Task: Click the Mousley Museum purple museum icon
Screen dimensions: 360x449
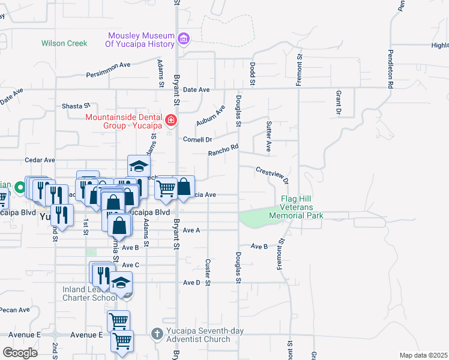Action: pyautogui.click(x=184, y=39)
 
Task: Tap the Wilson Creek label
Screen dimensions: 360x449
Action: pyautogui.click(x=64, y=43)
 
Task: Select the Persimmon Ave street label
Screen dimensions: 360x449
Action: pyautogui.click(x=108, y=70)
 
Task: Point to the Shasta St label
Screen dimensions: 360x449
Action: pyautogui.click(x=76, y=106)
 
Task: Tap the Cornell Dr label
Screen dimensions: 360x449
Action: pyautogui.click(x=197, y=139)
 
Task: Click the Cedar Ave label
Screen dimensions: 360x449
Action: pyautogui.click(x=40, y=160)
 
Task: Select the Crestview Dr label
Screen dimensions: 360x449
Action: pyautogui.click(x=273, y=175)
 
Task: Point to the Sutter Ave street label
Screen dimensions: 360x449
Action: pyautogui.click(x=268, y=136)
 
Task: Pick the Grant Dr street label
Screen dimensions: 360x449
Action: pyautogui.click(x=339, y=103)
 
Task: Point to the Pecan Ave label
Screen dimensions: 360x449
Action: pyautogui.click(x=15, y=310)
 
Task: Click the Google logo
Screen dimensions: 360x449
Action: pyautogui.click(x=20, y=352)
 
